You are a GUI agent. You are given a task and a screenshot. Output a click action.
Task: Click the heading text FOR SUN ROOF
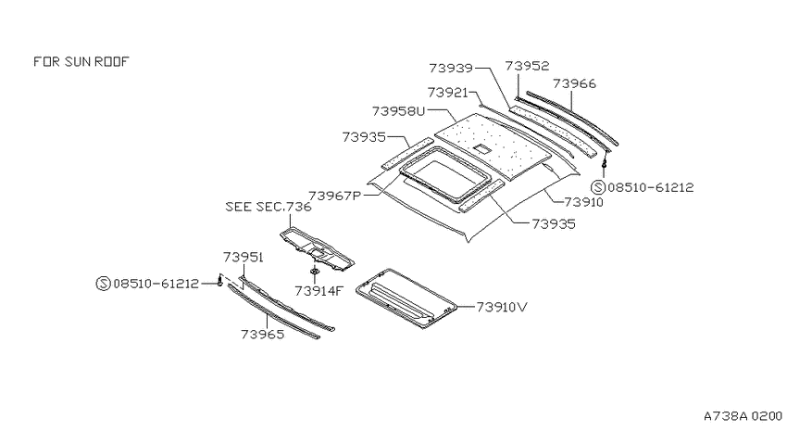(81, 61)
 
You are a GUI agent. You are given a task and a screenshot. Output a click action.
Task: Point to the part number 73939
(451, 68)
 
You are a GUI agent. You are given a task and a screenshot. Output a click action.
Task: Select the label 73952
(527, 66)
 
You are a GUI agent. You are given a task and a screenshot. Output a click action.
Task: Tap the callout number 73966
(574, 83)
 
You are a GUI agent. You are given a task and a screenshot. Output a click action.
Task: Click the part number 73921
(448, 93)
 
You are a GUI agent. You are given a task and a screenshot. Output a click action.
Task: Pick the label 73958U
(398, 111)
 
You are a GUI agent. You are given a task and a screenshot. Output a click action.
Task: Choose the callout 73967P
(335, 196)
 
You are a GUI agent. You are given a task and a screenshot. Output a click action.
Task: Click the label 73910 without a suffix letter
(583, 202)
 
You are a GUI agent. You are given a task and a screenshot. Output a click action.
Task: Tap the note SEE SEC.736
(269, 207)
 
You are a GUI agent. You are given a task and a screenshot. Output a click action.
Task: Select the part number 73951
(244, 257)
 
